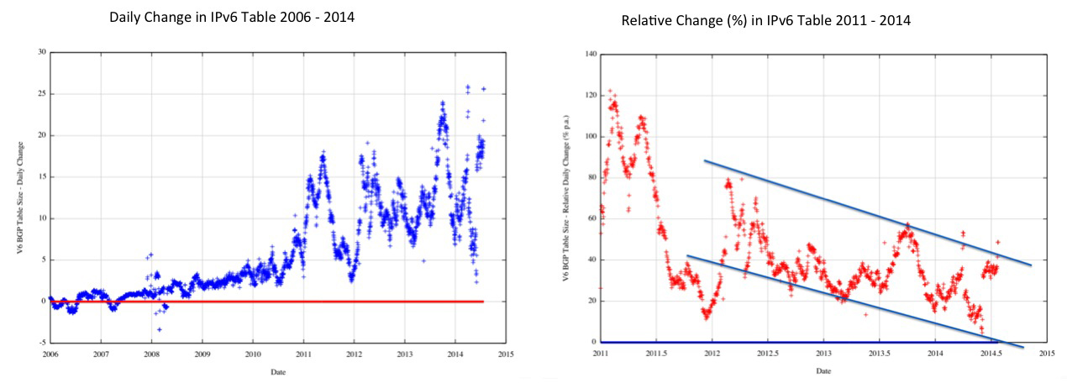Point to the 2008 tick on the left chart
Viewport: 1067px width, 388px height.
[151, 353]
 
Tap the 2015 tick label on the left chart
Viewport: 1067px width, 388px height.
[505, 353]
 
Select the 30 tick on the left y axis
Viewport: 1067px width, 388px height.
[40, 52]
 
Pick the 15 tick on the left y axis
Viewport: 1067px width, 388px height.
[40, 176]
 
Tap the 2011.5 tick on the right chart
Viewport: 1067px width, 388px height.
[656, 353]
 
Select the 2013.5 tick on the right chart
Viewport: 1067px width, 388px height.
[880, 353]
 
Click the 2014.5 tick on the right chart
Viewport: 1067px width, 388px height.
[991, 353]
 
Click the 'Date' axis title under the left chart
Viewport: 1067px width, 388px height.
[277, 370]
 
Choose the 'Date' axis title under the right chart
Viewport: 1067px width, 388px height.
[823, 370]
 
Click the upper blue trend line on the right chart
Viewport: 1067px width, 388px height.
[865, 212]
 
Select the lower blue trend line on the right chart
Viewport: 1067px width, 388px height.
[840, 298]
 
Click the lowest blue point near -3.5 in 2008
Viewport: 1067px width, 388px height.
[160, 329]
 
